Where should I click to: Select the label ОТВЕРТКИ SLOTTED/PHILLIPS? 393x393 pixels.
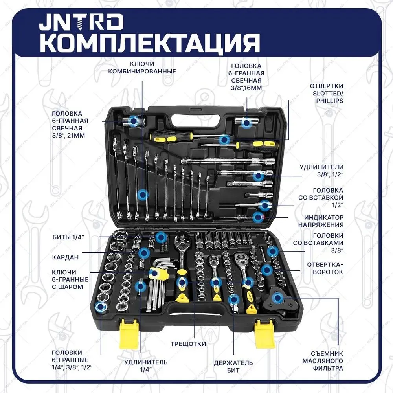(x=327, y=93)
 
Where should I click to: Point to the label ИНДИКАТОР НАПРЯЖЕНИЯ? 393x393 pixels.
(x=324, y=221)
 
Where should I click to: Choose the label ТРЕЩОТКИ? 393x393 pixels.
(x=188, y=344)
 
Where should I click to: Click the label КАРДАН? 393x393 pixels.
(x=66, y=257)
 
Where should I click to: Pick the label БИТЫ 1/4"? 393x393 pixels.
(x=68, y=237)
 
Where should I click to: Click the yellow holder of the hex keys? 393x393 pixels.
(x=158, y=273)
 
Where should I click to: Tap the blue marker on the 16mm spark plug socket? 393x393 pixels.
(x=246, y=123)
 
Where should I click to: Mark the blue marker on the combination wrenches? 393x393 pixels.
(x=143, y=194)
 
